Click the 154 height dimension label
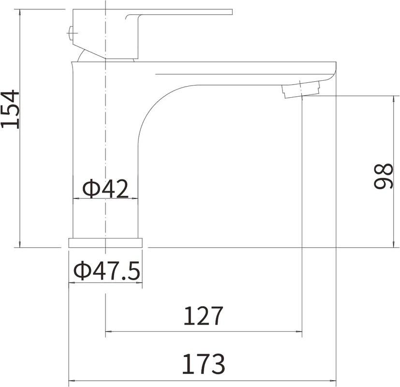coord(10,109)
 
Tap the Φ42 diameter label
coord(105,189)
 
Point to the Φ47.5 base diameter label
coord(106,270)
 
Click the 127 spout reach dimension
coord(203,315)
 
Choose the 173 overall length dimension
coord(203,364)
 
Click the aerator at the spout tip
coord(301,89)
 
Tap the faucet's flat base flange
coord(105,243)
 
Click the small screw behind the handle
coord(72,33)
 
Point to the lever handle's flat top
coord(178,12)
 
